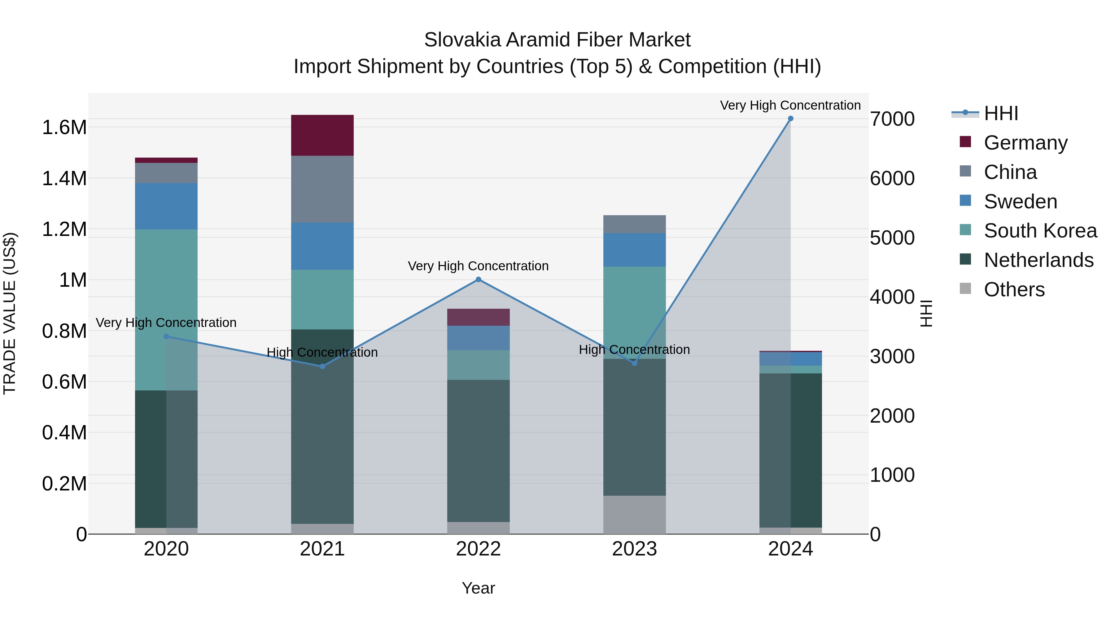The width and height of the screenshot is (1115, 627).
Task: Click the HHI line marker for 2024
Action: coord(790,119)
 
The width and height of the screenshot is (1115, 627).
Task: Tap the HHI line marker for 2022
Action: coord(478,280)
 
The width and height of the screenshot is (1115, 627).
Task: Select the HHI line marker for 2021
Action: coord(322,367)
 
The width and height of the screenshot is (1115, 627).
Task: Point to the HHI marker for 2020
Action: coord(166,337)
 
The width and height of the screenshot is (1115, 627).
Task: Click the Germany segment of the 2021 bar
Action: coord(322,135)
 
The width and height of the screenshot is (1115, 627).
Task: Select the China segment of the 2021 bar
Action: coord(322,189)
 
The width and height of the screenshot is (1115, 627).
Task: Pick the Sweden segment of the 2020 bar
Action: coord(166,206)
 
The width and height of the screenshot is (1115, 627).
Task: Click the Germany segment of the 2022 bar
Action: coord(478,317)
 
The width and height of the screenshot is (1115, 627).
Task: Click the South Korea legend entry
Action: coord(1040,231)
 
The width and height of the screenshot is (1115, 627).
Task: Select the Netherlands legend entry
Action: coord(1038,260)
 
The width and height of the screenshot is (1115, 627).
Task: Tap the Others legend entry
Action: coord(1014,290)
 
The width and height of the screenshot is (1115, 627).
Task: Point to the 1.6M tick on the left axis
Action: coord(64,128)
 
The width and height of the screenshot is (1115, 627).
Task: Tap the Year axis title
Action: coord(478,588)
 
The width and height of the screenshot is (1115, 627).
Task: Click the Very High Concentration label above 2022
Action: coord(478,266)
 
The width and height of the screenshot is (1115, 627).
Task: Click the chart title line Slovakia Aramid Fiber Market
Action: coord(557,40)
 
